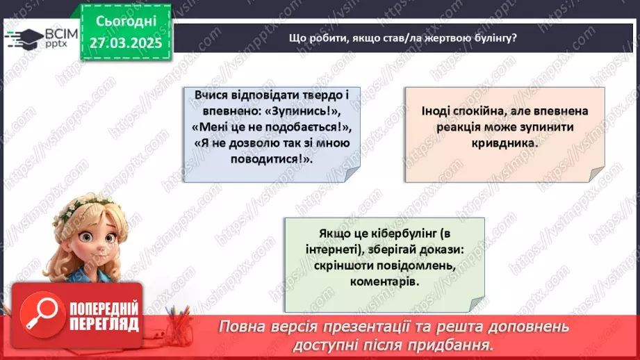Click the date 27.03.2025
[126, 42]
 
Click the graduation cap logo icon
[23, 38]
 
